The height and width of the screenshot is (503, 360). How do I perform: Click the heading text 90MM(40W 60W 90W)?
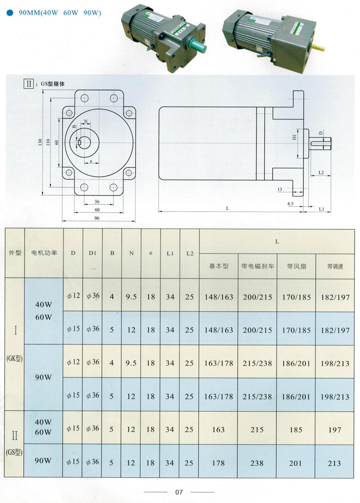[60, 13]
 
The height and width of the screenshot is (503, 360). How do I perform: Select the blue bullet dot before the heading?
[10, 13]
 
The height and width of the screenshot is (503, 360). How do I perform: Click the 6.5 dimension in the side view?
[290, 204]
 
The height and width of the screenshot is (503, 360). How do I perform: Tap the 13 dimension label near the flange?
[280, 189]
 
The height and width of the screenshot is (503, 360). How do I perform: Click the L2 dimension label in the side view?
[321, 173]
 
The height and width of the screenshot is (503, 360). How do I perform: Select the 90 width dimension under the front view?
[97, 218]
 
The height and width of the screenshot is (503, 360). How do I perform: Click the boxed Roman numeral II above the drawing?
[29, 83]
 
